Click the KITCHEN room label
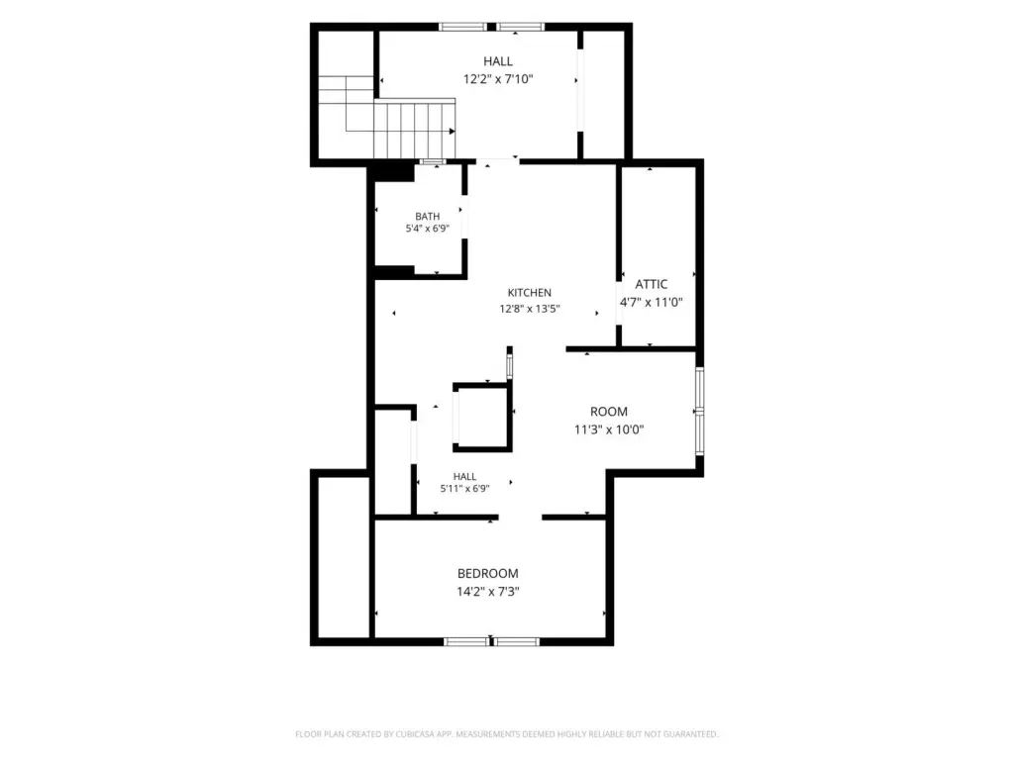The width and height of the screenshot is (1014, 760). click(x=529, y=293)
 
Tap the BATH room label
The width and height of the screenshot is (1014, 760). click(x=428, y=217)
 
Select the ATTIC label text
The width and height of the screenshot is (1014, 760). click(x=652, y=284)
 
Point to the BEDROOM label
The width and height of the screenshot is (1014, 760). click(x=487, y=573)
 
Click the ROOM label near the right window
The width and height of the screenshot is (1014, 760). click(x=609, y=412)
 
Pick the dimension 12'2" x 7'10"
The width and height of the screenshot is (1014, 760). click(x=498, y=79)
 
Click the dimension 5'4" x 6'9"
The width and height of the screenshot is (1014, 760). click(x=428, y=229)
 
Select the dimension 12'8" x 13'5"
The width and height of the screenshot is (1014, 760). click(x=529, y=309)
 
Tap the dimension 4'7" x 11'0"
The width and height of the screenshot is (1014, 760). click(x=652, y=302)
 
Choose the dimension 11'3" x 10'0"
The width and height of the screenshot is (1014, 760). click(x=609, y=429)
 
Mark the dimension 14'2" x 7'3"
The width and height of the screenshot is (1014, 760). click(x=487, y=592)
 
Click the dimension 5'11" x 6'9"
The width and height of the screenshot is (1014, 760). click(x=464, y=489)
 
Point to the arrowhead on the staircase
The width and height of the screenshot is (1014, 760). click(x=452, y=132)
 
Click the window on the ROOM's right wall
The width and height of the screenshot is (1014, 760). click(x=700, y=411)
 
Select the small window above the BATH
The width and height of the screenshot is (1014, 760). click(x=433, y=161)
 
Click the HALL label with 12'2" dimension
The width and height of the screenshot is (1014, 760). click(x=498, y=61)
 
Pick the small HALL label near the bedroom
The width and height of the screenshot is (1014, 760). click(x=464, y=477)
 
